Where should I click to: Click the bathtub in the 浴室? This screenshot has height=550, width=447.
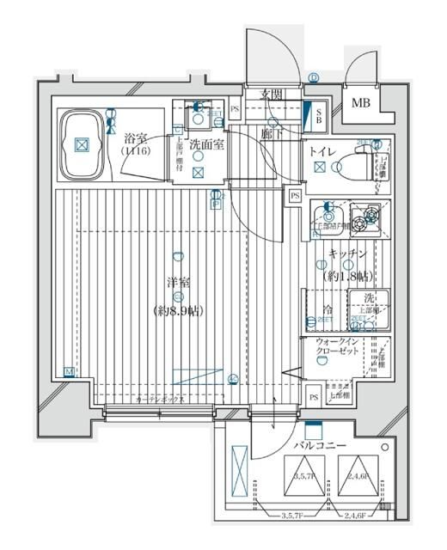pos(81,145)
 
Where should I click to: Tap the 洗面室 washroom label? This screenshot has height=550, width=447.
pos(207,144)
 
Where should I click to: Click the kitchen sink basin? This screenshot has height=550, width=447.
pos(328,218)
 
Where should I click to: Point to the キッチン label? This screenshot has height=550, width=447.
pos(347,254)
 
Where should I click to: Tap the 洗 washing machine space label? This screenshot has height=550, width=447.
pos(368,299)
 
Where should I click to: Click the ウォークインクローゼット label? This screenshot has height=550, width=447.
pos(328,350)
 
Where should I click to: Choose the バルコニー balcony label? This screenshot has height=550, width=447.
pos(320,447)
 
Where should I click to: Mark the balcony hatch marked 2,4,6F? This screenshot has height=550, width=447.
pos(358,477)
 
